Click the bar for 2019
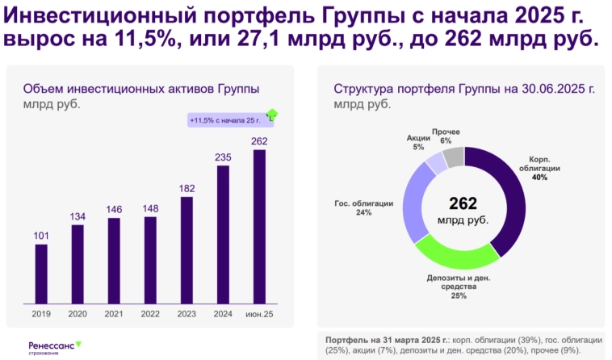41,274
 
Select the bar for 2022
150,261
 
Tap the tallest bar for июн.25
259,227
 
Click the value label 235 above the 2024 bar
223,157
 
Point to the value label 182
187,188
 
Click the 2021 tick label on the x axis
114,313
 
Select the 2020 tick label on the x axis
78,313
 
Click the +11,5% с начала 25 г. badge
225,120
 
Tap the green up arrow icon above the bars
272,115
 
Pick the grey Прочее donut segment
455,157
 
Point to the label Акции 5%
418,142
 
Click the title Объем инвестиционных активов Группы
147,89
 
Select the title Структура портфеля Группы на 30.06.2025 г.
463,89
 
